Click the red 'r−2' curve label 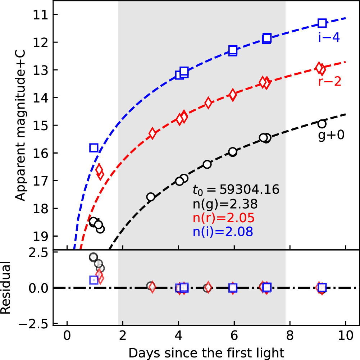coord(329,82)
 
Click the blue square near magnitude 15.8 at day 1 coord(94,147)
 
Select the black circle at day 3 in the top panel coord(151,197)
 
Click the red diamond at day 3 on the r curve coord(152,133)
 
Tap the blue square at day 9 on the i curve coord(322,23)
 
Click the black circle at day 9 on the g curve coord(322,124)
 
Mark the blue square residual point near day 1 coord(94,280)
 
